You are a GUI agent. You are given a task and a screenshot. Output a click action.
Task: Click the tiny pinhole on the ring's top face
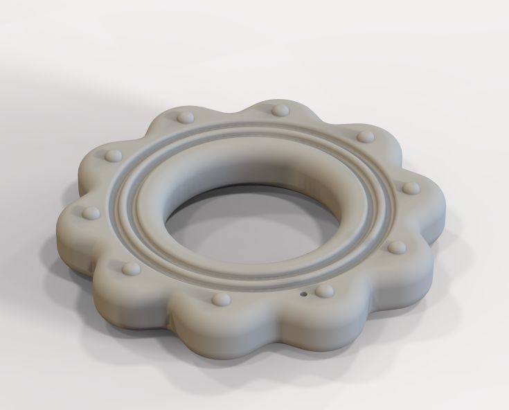pyautogui.click(x=303, y=294)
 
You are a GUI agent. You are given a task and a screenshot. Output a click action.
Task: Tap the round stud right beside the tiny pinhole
pyautogui.click(x=323, y=292)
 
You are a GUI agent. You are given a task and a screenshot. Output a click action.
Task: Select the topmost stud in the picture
pyautogui.click(x=279, y=109)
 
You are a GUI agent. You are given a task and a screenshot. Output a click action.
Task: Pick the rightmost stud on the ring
pyautogui.click(x=410, y=188)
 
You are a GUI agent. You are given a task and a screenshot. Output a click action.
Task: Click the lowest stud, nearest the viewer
pyautogui.click(x=221, y=299)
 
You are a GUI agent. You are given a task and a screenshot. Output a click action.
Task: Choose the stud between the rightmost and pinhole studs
pyautogui.click(x=396, y=247)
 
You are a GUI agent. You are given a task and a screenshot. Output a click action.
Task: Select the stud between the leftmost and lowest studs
pyautogui.click(x=130, y=267)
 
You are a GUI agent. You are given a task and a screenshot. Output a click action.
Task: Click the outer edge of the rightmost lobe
pyautogui.click(x=443, y=201)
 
